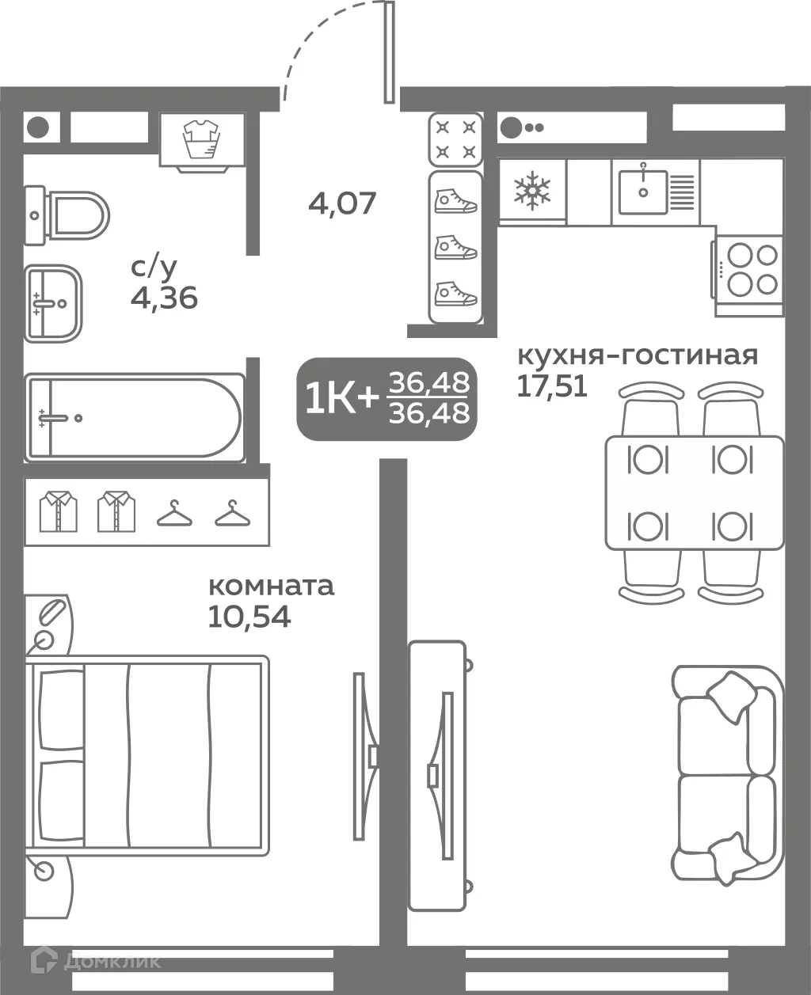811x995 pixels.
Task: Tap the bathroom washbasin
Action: (52, 303)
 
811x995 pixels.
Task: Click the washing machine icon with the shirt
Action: (202, 140)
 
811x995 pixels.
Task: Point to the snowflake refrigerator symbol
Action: (531, 191)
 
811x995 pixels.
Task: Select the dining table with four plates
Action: (693, 492)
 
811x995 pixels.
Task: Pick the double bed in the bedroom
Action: (147, 755)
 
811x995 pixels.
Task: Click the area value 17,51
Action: (552, 385)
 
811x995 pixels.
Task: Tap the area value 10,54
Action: (249, 616)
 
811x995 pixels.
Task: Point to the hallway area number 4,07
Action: (342, 203)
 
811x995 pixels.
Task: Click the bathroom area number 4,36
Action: (164, 298)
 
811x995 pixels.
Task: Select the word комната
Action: (271, 587)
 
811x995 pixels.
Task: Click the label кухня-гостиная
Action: (637, 355)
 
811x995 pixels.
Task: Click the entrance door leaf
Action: (389, 52)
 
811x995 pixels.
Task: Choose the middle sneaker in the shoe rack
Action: (455, 248)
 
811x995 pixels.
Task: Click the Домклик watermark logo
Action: (96, 961)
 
